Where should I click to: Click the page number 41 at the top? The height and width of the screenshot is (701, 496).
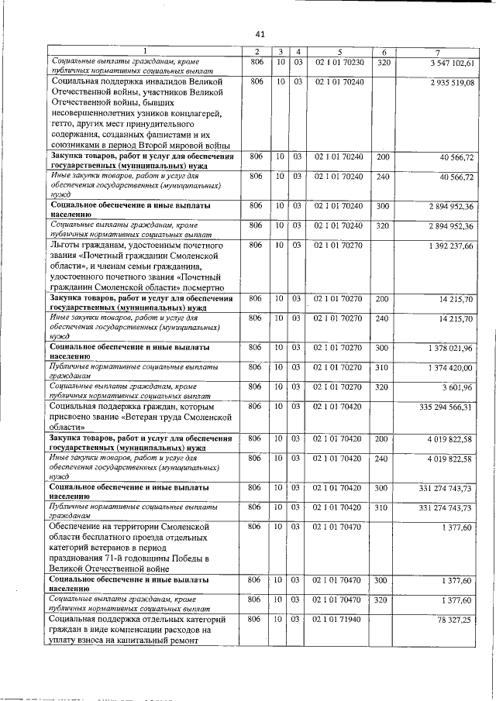click(260, 33)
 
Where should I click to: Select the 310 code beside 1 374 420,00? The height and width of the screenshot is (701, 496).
click(382, 367)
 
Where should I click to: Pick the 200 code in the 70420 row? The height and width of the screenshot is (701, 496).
click(382, 439)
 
